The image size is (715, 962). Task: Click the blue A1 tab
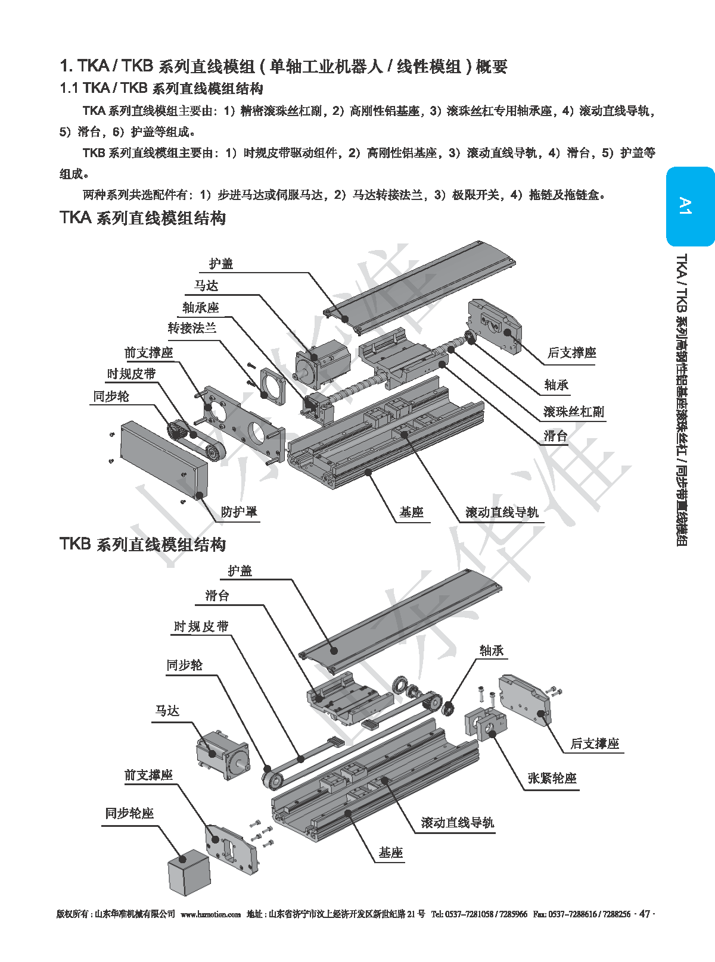pyautogui.click(x=689, y=206)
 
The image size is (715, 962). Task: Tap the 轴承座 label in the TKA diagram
pyautogui.click(x=201, y=308)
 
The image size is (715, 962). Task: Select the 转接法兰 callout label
pyautogui.click(x=192, y=329)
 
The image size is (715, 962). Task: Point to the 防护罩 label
pyautogui.click(x=239, y=512)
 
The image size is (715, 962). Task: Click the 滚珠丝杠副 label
pyautogui.click(x=573, y=412)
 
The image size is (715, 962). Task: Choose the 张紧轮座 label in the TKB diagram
pyautogui.click(x=552, y=779)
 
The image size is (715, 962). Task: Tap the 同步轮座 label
pyautogui.click(x=129, y=814)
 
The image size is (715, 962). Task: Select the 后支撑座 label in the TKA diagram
pyautogui.click(x=571, y=353)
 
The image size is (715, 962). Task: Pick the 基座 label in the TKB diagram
pyautogui.click(x=391, y=853)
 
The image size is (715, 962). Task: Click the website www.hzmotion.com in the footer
pyautogui.click(x=210, y=914)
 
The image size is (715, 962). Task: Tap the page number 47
pyautogui.click(x=644, y=914)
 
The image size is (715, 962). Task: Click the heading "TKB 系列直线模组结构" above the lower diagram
pyautogui.click(x=143, y=545)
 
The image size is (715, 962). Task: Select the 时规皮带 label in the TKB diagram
pyautogui.click(x=201, y=627)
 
